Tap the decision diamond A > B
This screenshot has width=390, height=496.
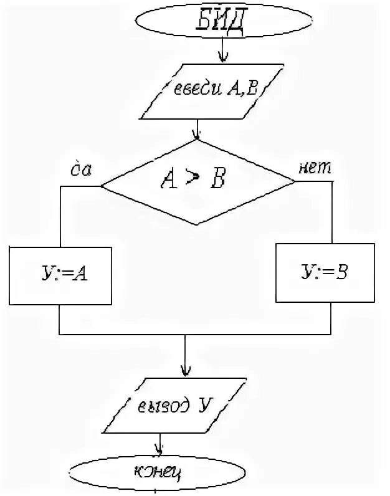tap(198, 182)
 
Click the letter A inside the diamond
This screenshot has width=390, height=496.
tap(169, 181)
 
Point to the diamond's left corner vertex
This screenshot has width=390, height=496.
tap(102, 184)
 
